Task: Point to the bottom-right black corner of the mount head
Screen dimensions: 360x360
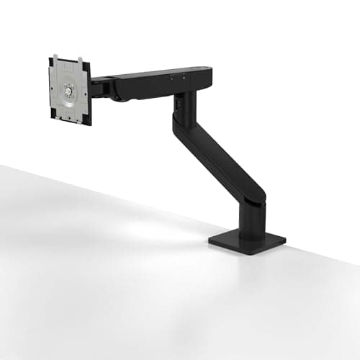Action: pos(88,123)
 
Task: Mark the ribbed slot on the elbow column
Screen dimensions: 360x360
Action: pos(176,103)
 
